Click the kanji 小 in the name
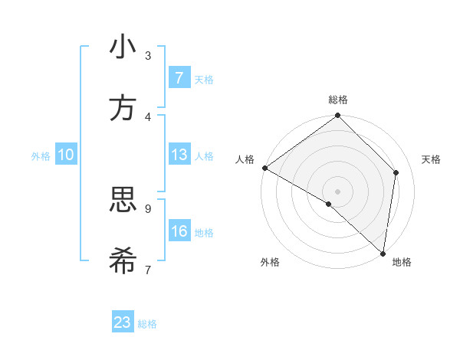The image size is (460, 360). (123, 47)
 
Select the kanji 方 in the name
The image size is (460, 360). (123, 108)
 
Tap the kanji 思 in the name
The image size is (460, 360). (123, 200)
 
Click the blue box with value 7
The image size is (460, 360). (179, 78)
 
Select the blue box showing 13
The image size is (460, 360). (179, 155)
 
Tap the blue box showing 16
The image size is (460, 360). (179, 231)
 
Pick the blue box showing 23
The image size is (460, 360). (123, 322)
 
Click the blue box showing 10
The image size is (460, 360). (66, 155)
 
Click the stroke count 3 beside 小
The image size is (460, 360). (148, 55)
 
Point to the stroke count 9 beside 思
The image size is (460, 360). (148, 208)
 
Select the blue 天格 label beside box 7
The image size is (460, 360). (204, 79)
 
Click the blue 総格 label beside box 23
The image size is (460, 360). (147, 323)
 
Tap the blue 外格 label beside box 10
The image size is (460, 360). (41, 155)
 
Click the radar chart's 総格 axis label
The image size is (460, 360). (338, 100)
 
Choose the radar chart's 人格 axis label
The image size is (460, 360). (245, 159)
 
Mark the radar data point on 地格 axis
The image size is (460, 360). (383, 253)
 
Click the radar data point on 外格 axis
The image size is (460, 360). (329, 204)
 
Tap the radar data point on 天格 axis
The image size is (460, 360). (396, 172)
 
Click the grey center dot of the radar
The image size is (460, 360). (338, 191)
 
